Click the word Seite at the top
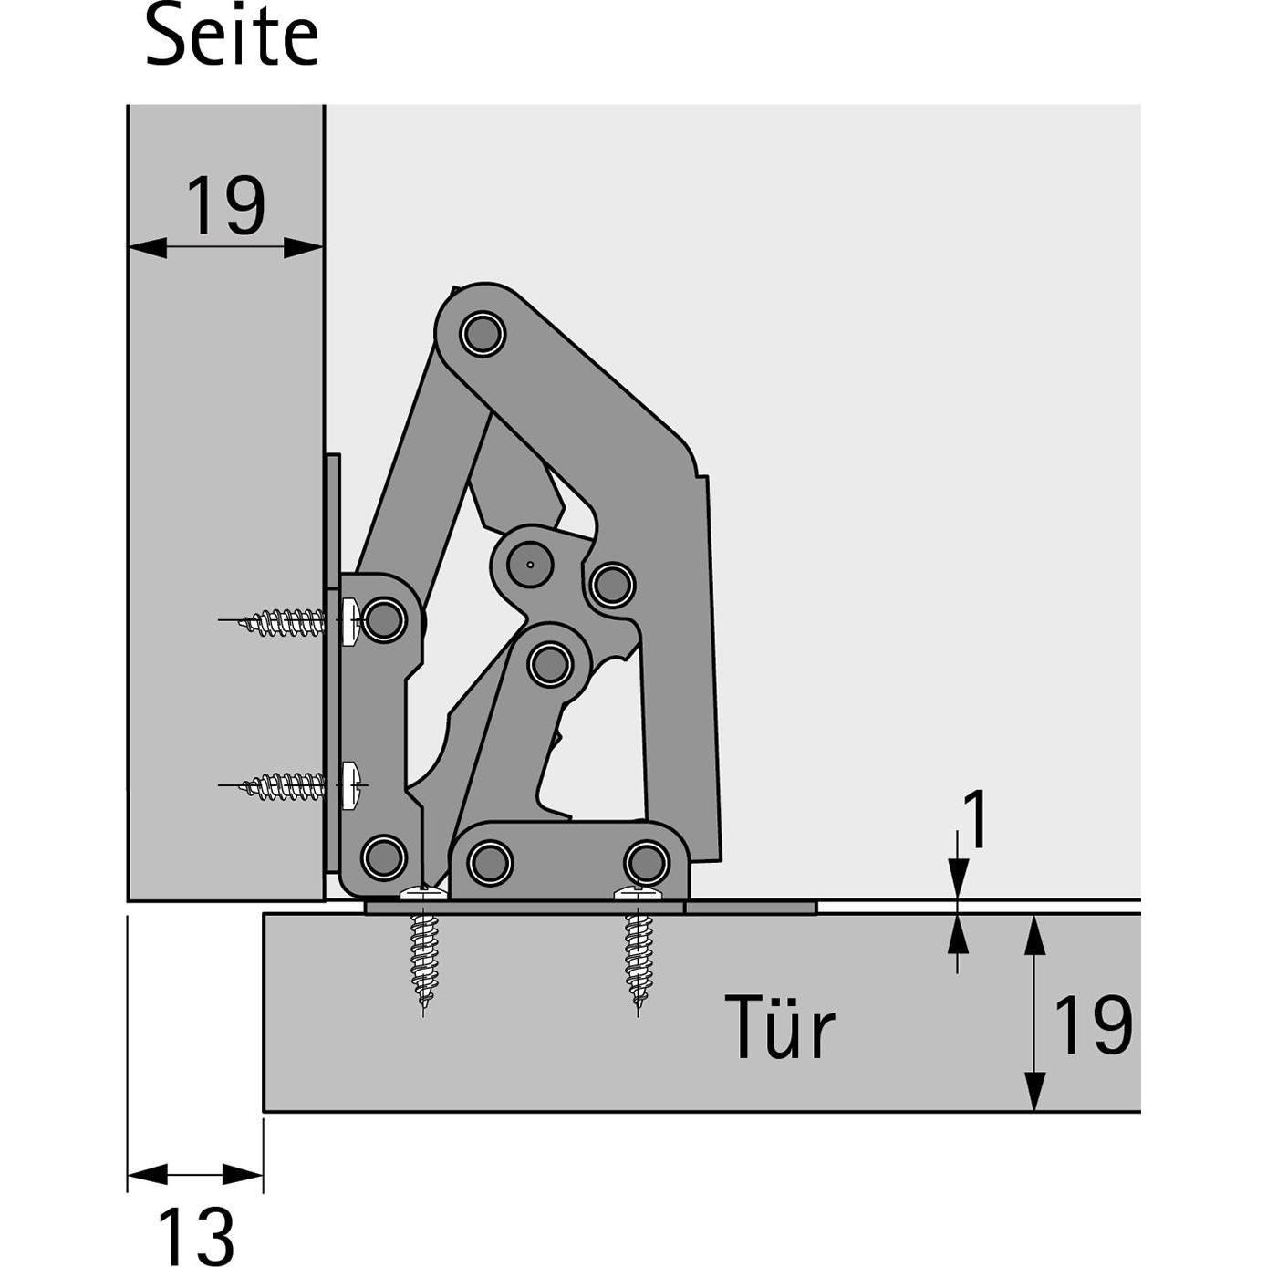(232, 36)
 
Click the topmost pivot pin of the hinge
(483, 334)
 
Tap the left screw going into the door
(422, 950)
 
